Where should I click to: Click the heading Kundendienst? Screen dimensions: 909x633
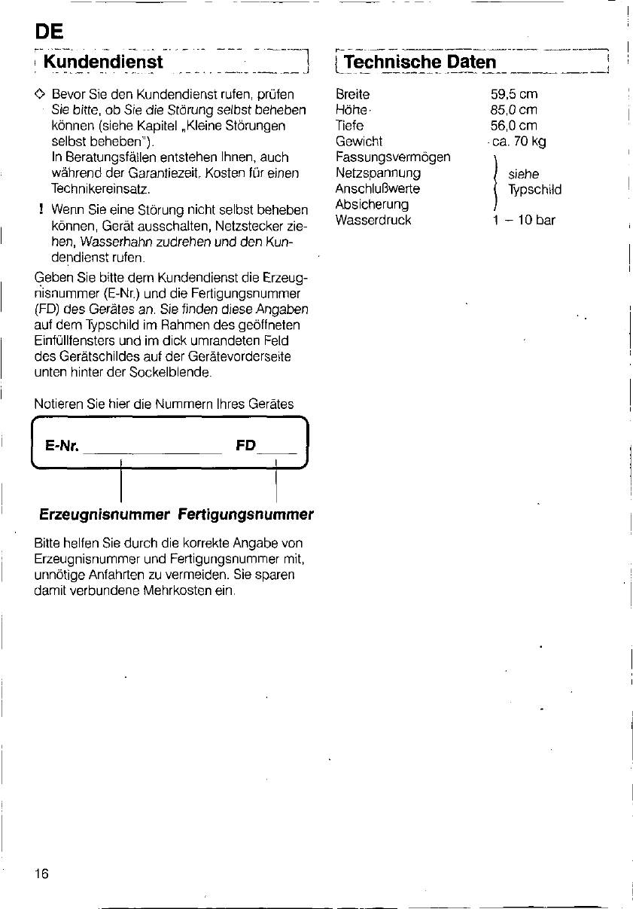tap(103, 61)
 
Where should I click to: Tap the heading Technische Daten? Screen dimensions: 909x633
tap(419, 61)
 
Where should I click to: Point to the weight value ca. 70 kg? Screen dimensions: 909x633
tap(519, 141)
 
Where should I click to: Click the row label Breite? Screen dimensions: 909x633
tap(352, 95)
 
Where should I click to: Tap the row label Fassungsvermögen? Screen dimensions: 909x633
tap(393, 157)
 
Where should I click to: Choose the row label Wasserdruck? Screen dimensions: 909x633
tap(373, 221)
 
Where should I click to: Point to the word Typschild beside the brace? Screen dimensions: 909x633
tap(534, 190)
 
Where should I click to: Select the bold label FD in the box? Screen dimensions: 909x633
tap(245, 446)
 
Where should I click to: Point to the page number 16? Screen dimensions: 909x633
tap(41, 873)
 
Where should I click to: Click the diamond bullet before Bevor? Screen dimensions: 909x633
tap(41, 95)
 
